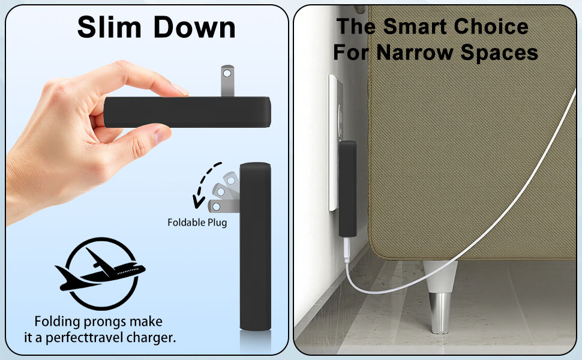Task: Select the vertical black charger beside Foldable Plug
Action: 256,246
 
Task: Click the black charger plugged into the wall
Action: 347,187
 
